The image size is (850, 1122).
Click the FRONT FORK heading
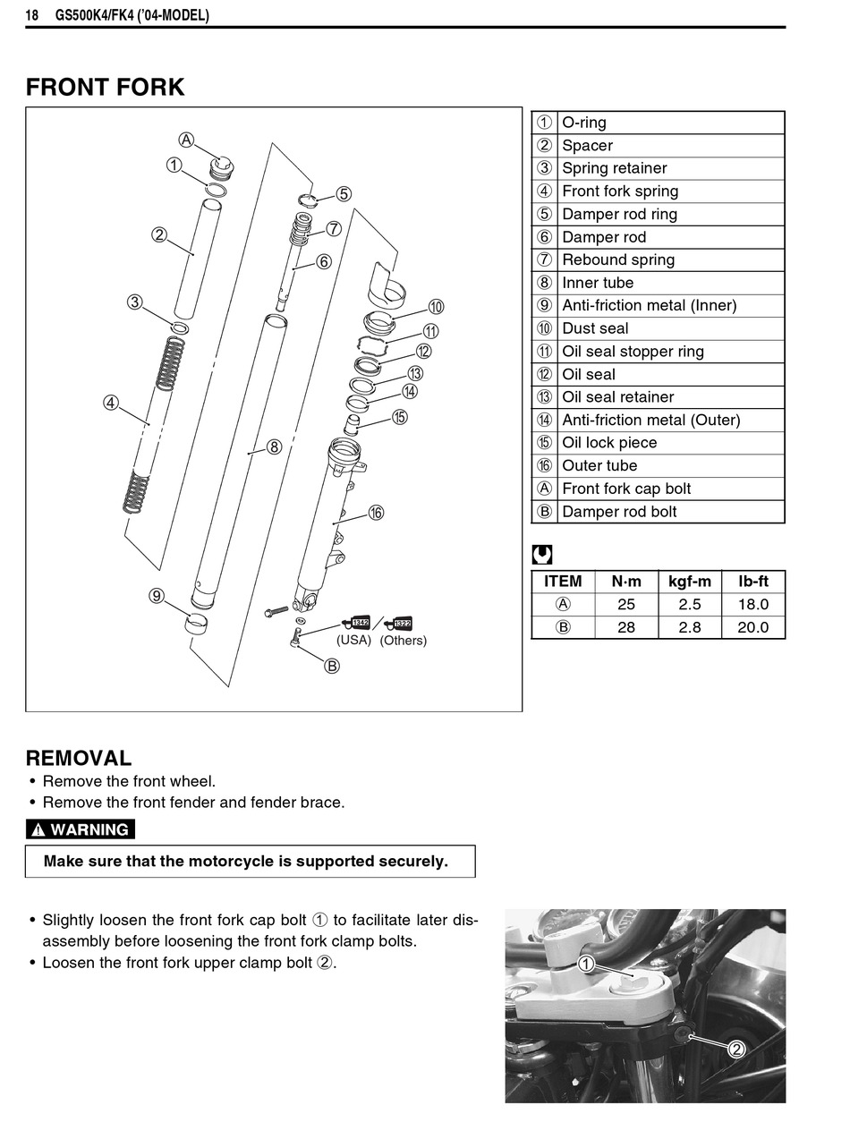pyautogui.click(x=105, y=88)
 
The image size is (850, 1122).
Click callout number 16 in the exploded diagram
pyautogui.click(x=376, y=513)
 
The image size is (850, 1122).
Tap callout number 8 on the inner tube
pyautogui.click(x=274, y=446)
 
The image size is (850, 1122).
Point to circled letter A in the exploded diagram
pyautogui.click(x=186, y=140)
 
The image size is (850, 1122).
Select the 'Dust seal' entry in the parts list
pyautogui.click(x=595, y=328)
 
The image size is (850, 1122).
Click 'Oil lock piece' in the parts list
pyautogui.click(x=608, y=443)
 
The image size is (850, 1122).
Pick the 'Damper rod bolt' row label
pyautogui.click(x=619, y=512)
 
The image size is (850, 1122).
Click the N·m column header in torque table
pyautogui.click(x=626, y=582)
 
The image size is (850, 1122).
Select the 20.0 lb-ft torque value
pyautogui.click(x=752, y=627)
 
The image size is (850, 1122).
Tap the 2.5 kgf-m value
pyautogui.click(x=690, y=605)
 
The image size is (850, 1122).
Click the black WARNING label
pyautogui.click(x=81, y=829)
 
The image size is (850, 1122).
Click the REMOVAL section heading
pyautogui.click(x=79, y=758)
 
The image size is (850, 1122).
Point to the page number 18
pyautogui.click(x=32, y=15)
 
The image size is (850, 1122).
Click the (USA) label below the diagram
pyautogui.click(x=353, y=641)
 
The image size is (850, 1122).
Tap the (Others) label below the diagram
pyautogui.click(x=404, y=641)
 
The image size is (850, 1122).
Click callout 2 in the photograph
pyautogui.click(x=736, y=1050)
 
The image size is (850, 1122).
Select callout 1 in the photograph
pyautogui.click(x=586, y=965)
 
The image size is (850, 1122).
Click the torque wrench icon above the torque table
pyautogui.click(x=542, y=555)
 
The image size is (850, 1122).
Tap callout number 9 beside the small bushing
pyautogui.click(x=157, y=596)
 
